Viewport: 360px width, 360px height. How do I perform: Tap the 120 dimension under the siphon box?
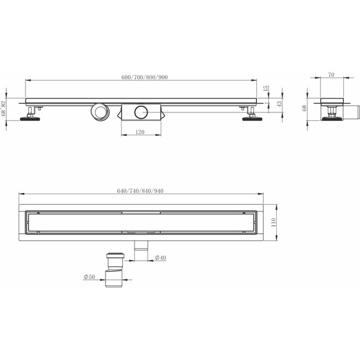141,132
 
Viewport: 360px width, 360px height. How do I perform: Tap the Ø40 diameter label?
160,258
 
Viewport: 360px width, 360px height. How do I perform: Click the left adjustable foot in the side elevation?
32,115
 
